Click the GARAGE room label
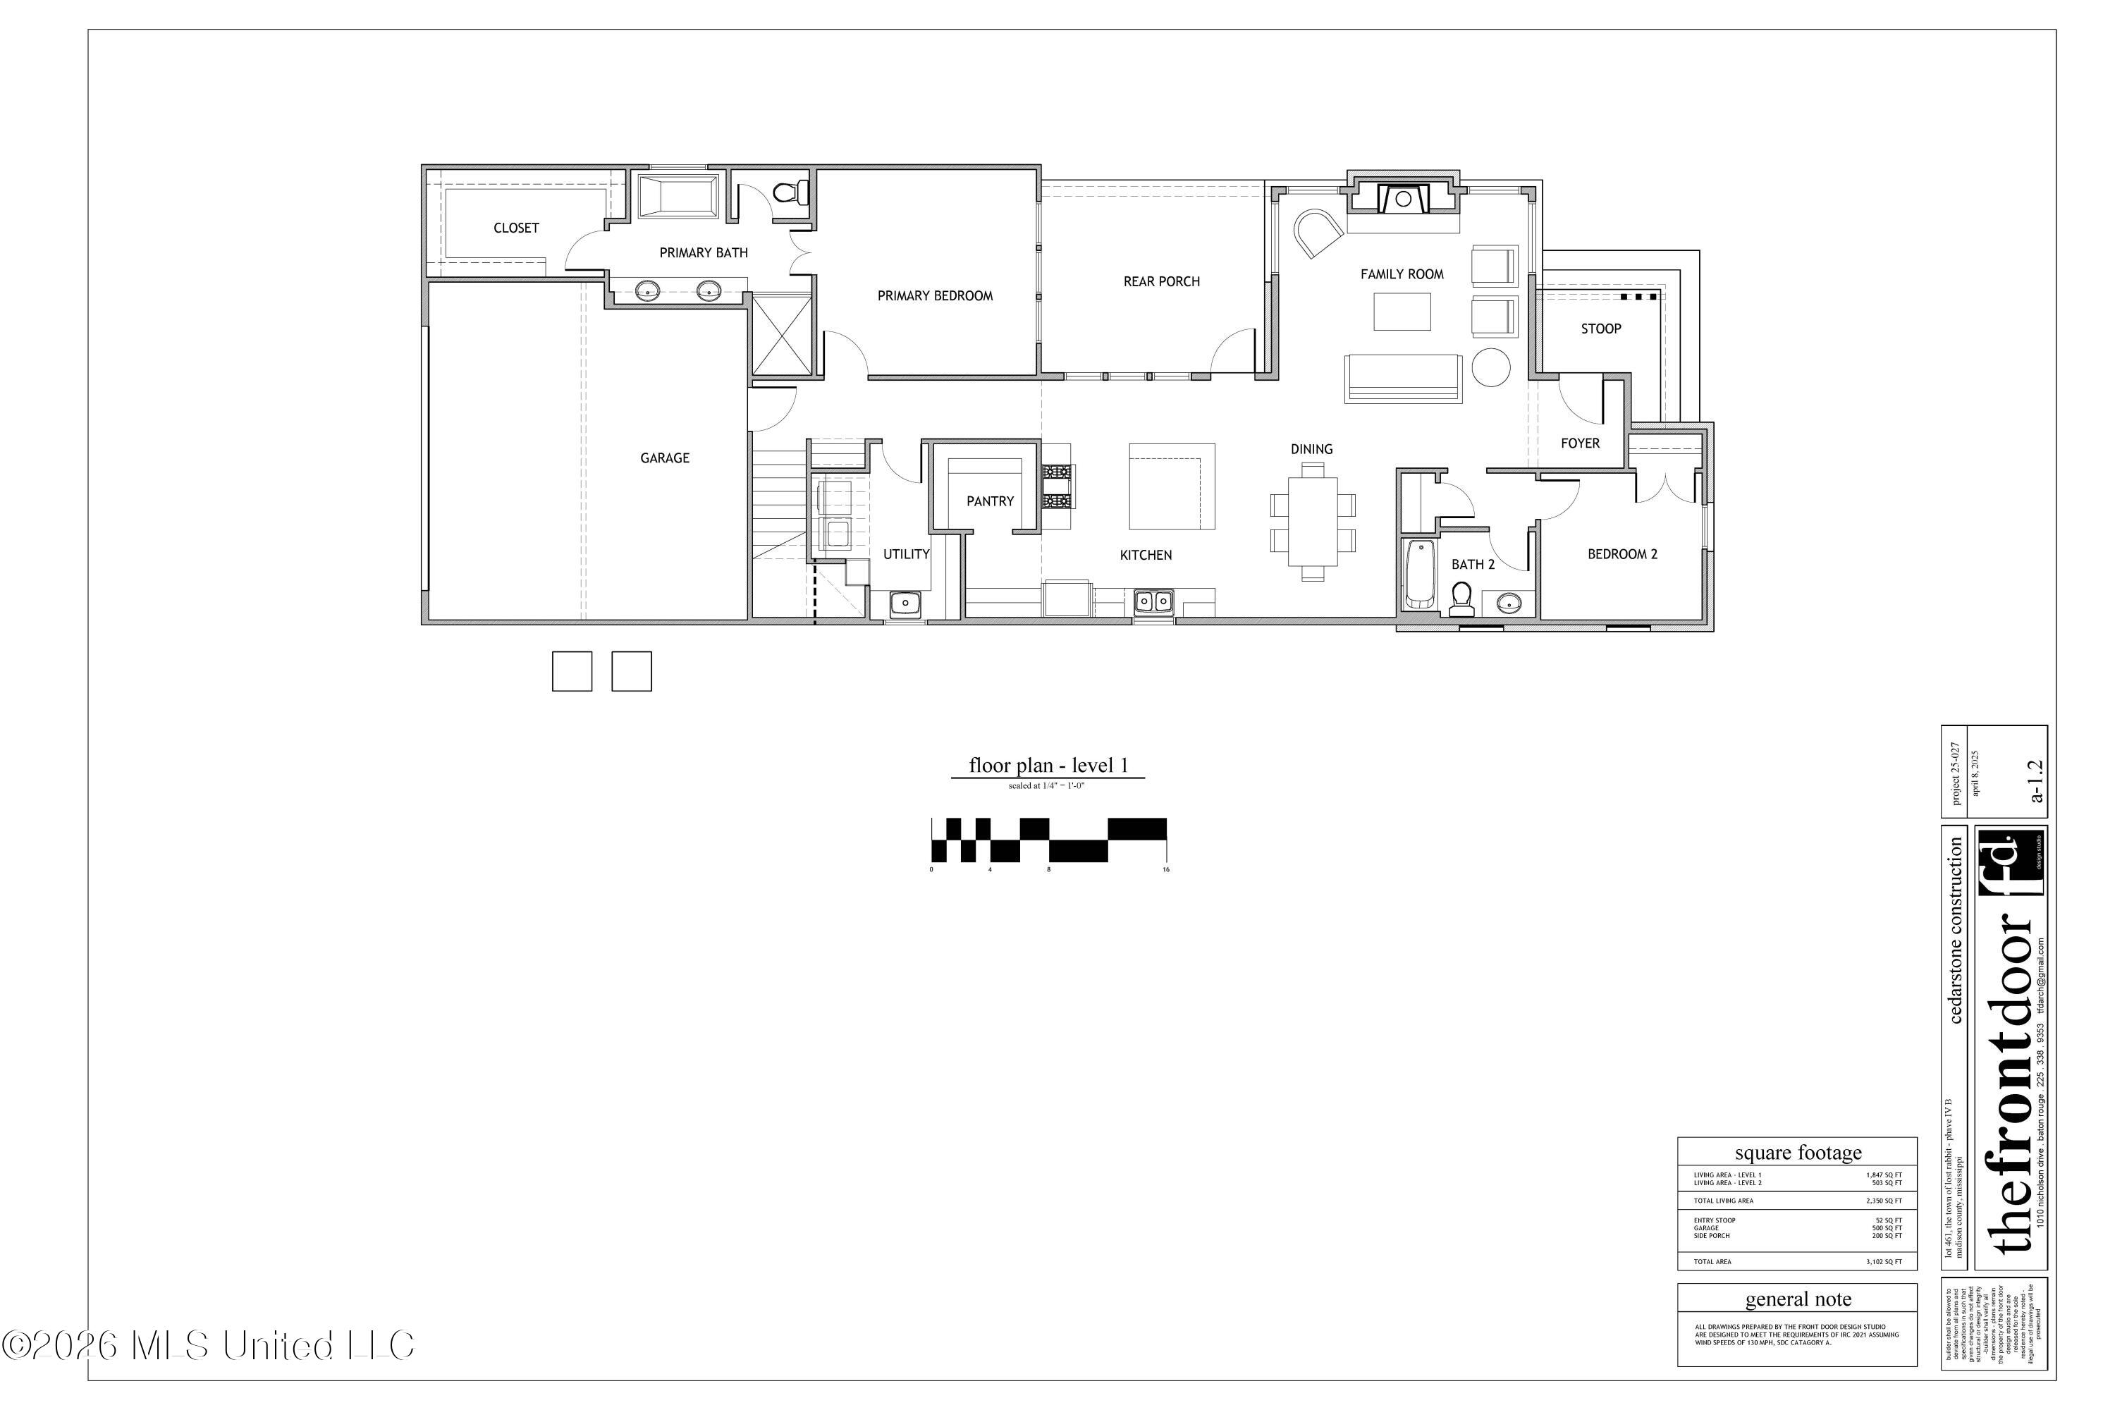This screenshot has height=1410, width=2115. [665, 459]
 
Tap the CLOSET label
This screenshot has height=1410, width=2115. [516, 228]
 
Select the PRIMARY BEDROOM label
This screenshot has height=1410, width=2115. [936, 296]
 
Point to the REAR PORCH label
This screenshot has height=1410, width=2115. [1161, 281]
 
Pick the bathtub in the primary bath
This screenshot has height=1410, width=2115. [678, 196]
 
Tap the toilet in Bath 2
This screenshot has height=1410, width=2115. [1461, 598]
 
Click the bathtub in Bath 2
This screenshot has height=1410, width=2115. [1420, 574]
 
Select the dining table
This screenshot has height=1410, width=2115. [1312, 522]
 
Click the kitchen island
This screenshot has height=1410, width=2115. [1172, 486]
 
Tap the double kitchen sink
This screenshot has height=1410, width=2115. [1153, 600]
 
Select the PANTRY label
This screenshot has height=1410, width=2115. [990, 502]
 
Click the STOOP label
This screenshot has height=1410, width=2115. [1600, 329]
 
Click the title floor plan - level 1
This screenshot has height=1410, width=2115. [1048, 765]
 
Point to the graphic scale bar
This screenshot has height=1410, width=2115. [1048, 840]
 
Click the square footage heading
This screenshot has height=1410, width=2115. [1798, 1153]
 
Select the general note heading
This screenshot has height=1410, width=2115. [1798, 1299]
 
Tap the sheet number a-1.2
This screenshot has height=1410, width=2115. [2037, 780]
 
